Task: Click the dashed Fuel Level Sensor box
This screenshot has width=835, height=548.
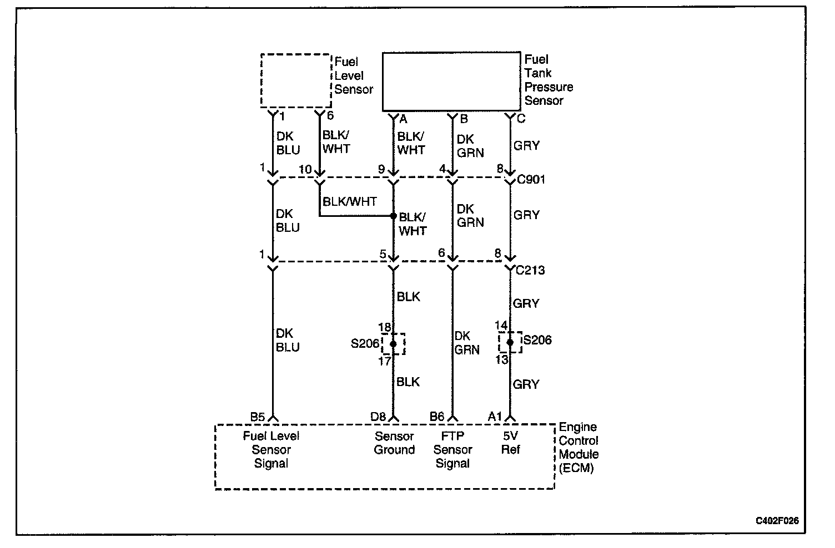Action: (x=295, y=80)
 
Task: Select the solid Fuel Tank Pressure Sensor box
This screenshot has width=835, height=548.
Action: (x=451, y=82)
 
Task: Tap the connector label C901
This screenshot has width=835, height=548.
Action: (x=531, y=180)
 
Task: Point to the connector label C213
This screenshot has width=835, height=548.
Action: (x=530, y=271)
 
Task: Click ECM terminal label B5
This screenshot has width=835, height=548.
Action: (x=258, y=417)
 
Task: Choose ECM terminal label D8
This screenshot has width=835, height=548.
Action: (x=378, y=417)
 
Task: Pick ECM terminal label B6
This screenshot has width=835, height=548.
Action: (x=437, y=417)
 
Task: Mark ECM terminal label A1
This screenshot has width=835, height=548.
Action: (x=495, y=417)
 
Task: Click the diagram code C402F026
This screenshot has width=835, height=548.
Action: (x=777, y=521)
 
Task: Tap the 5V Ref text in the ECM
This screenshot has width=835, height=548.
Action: (x=510, y=443)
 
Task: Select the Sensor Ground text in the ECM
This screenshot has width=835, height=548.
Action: (x=394, y=443)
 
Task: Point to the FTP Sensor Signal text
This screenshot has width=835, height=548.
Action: (x=452, y=450)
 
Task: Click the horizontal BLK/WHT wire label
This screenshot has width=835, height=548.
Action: (x=350, y=202)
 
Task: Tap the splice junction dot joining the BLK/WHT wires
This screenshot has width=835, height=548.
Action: (x=393, y=216)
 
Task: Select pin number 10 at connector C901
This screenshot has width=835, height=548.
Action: (x=306, y=170)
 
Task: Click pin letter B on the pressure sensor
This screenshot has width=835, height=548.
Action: (x=464, y=119)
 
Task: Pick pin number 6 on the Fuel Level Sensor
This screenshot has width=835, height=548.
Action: (x=330, y=116)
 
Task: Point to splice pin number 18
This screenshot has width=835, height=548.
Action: (x=384, y=327)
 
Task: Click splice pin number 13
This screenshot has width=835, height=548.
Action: (x=501, y=359)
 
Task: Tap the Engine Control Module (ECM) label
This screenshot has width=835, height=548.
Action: (x=579, y=448)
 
